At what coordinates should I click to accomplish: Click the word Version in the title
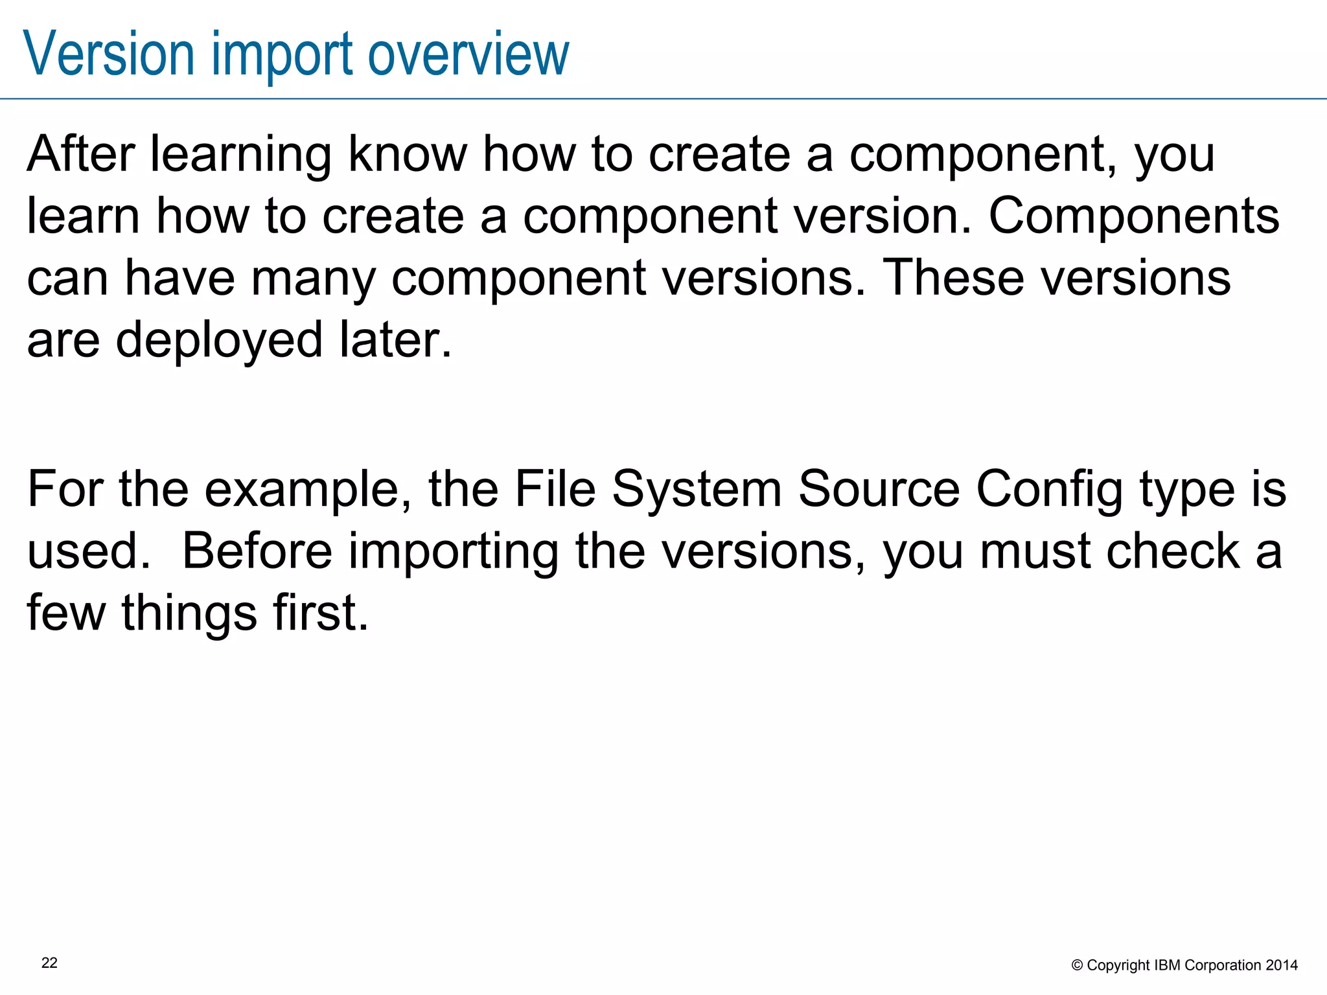109,54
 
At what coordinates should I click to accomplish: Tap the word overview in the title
468,54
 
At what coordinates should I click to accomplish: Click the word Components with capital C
1134,217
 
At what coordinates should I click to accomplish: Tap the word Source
879,489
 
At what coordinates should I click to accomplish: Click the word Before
257,551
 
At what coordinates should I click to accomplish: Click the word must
1035,551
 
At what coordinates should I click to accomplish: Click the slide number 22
49,963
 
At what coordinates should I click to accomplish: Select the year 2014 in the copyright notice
1282,965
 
